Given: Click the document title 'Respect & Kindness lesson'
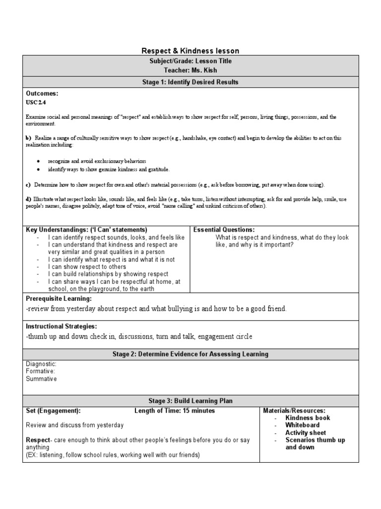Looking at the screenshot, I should pyautogui.click(x=190, y=51).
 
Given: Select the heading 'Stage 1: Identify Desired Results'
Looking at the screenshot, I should pyautogui.click(x=190, y=82).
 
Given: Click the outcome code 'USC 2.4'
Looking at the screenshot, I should pyautogui.click(x=36, y=101).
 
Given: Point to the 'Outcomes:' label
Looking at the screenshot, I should pyautogui.click(x=42, y=93).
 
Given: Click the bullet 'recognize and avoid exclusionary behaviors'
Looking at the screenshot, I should pyautogui.click(x=97, y=162).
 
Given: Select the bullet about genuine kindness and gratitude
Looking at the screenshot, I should pyautogui.click(x=108, y=170).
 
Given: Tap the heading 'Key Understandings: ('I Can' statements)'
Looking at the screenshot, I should pyautogui.click(x=87, y=230).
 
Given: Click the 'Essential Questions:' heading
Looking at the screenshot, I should pyautogui.click(x=224, y=230).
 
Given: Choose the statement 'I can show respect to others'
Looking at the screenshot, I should pyautogui.click(x=87, y=267).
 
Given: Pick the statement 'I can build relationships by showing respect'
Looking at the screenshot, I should pyautogui.click(x=108, y=274).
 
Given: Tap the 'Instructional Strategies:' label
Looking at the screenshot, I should pyautogui.click(x=61, y=326).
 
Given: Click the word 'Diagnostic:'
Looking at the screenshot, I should pyautogui.click(x=41, y=364).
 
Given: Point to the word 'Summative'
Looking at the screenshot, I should pyautogui.click(x=41, y=379).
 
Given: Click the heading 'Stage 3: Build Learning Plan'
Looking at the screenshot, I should pyautogui.click(x=190, y=401).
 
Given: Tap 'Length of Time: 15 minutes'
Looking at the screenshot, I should pyautogui.click(x=175, y=411).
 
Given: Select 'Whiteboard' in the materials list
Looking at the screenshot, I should pyautogui.click(x=302, y=425).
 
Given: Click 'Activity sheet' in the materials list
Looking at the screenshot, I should pyautogui.click(x=305, y=432).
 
